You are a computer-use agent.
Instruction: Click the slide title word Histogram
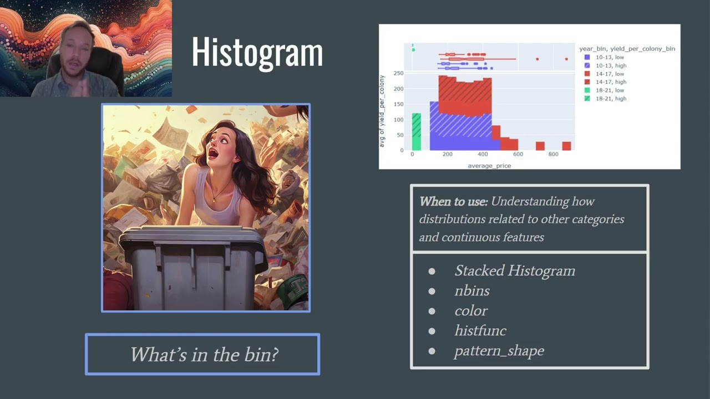(x=257, y=53)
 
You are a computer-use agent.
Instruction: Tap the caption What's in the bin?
(x=204, y=355)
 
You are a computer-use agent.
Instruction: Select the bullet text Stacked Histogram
(x=514, y=270)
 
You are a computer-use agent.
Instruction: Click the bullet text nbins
(x=471, y=290)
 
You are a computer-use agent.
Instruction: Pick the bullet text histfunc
(x=480, y=331)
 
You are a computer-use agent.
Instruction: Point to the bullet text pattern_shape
(x=499, y=351)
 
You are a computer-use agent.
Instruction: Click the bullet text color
(x=471, y=311)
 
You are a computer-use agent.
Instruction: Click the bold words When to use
(x=453, y=202)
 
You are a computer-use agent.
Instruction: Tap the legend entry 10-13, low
(x=610, y=57)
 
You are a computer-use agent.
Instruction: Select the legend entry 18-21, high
(x=611, y=99)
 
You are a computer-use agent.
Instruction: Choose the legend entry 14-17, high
(x=611, y=82)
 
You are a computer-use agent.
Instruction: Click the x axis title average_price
(x=489, y=165)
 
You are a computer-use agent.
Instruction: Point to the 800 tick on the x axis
(x=553, y=155)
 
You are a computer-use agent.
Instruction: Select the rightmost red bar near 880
(x=566, y=146)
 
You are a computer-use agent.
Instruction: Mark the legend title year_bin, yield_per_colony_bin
(x=627, y=49)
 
